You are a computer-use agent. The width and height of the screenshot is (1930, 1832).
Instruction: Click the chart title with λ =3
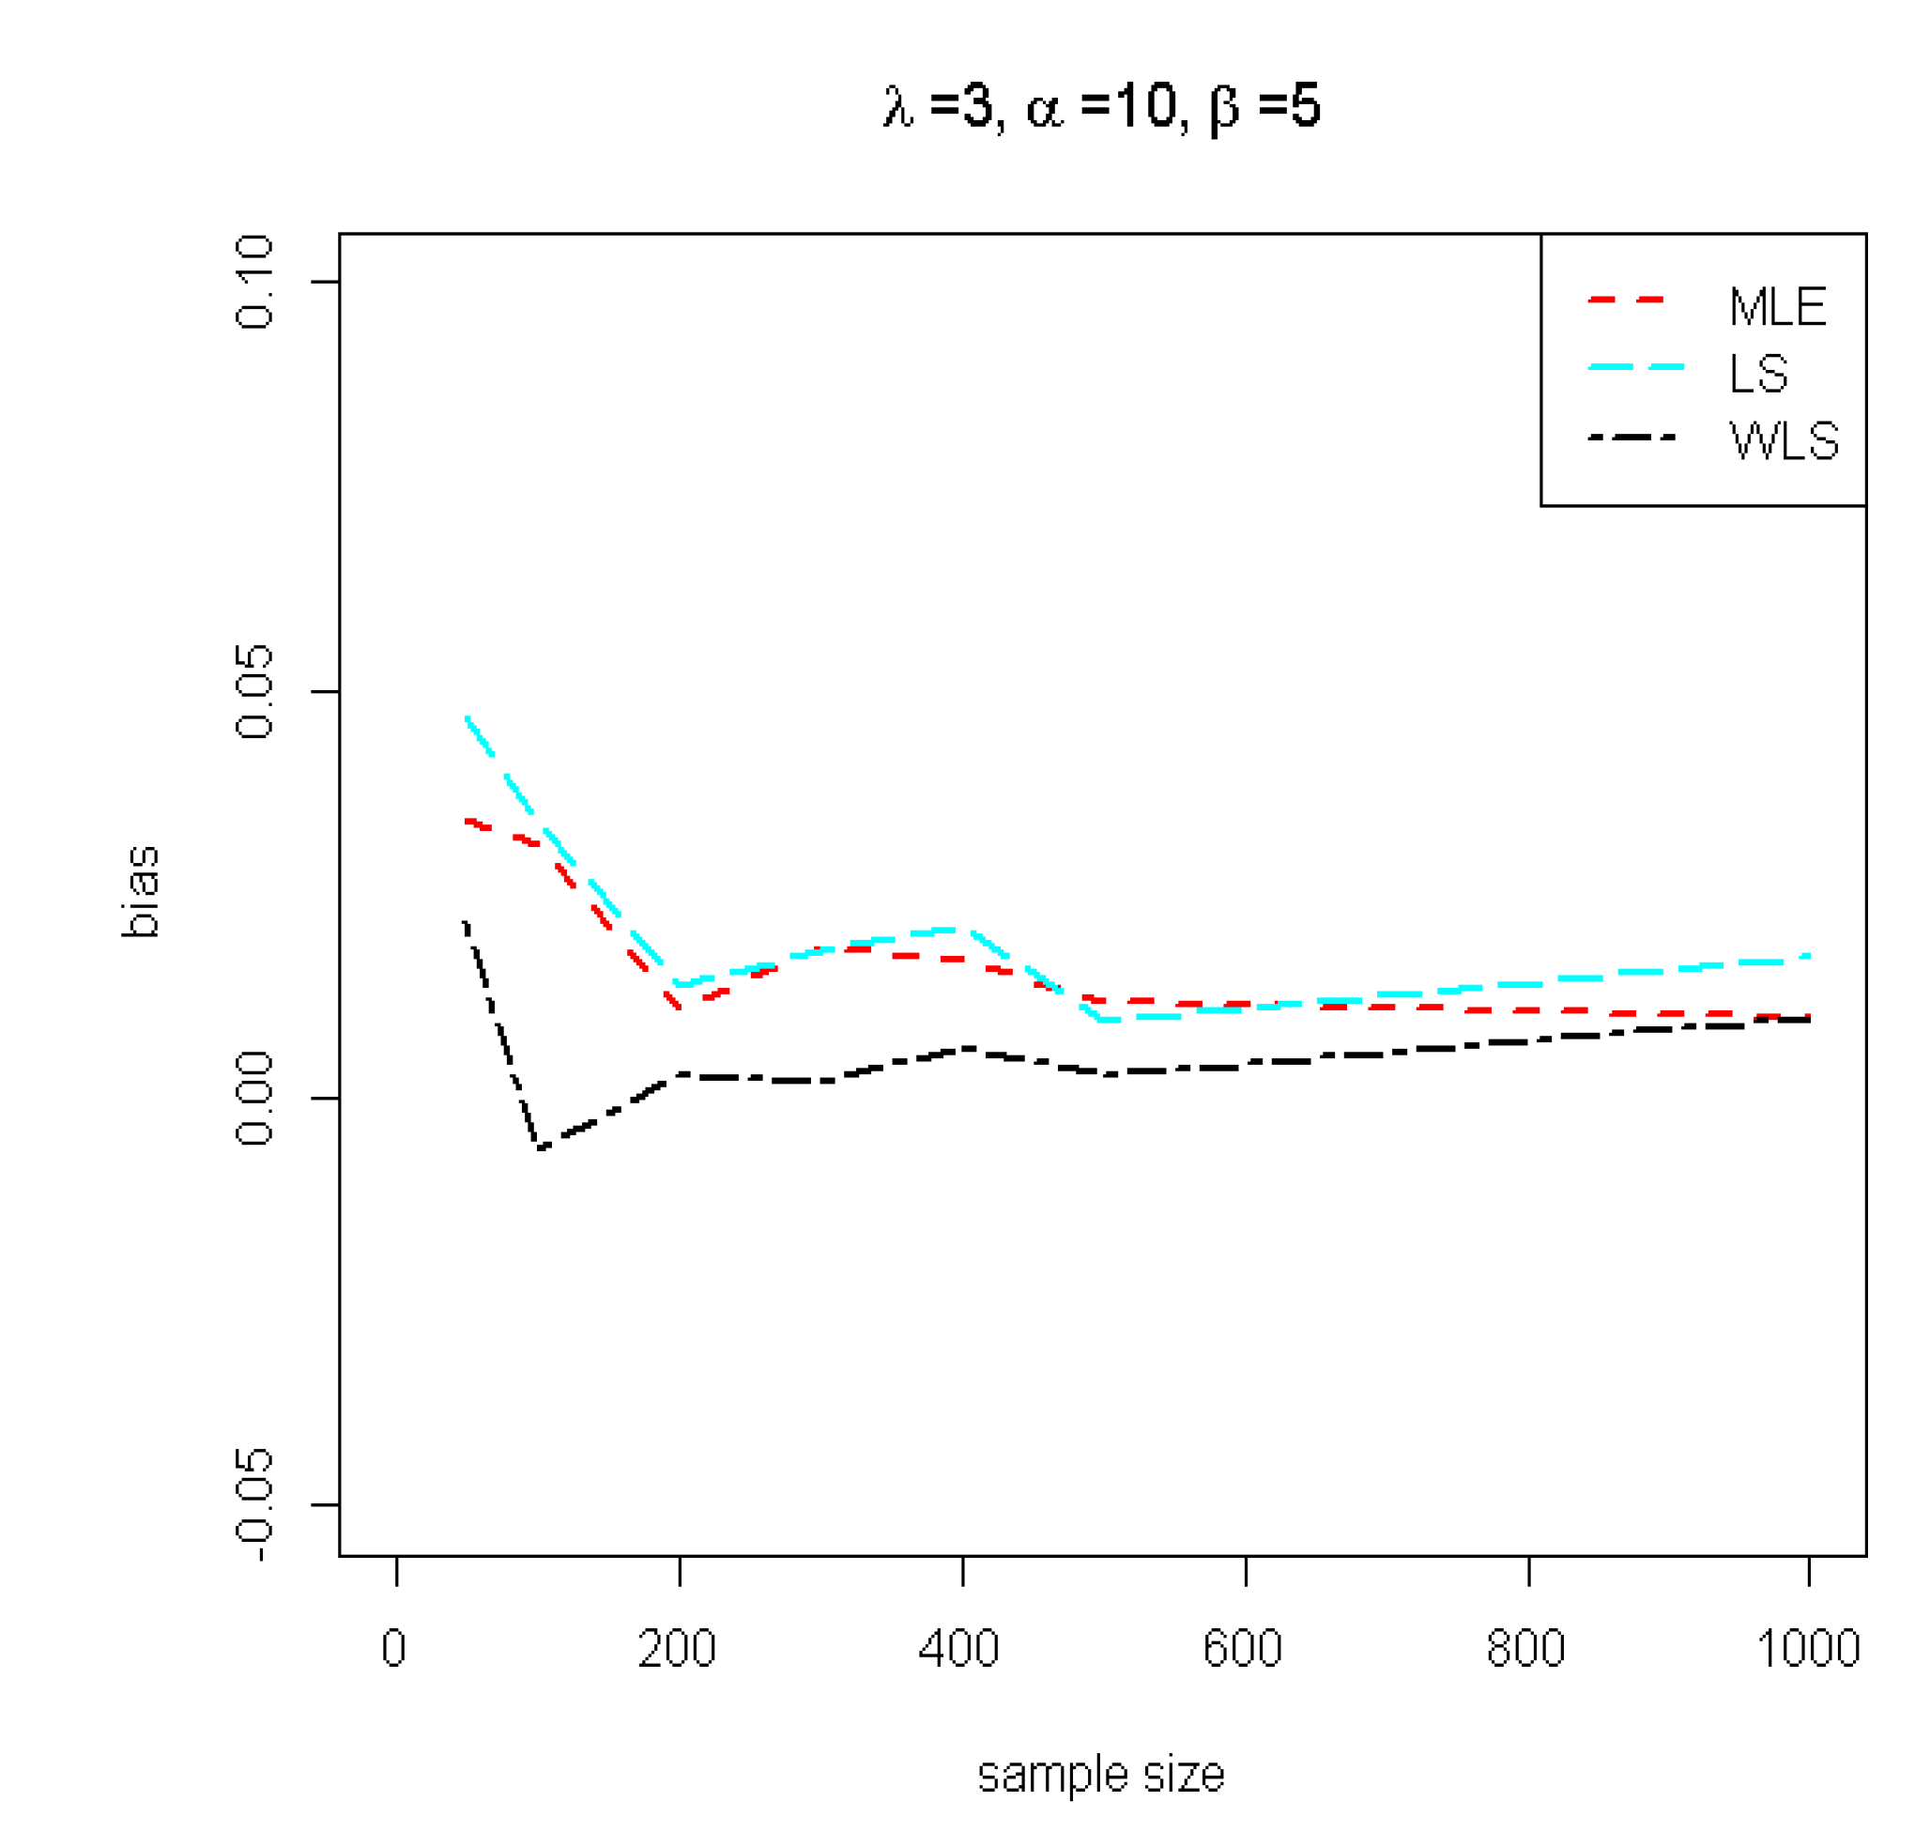(1101, 107)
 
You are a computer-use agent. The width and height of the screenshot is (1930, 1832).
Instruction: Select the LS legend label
(1758, 374)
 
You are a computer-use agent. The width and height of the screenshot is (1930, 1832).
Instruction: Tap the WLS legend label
(1784, 440)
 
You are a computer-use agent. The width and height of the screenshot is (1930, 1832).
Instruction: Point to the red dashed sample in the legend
(1627, 300)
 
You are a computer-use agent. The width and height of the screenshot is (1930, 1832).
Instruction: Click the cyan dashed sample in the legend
(1636, 367)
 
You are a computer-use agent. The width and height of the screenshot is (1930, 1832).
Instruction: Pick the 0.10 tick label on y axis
(254, 283)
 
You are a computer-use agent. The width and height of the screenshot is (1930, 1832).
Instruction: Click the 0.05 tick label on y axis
(254, 691)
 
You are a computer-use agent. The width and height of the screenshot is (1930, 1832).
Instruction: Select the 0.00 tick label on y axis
(254, 1098)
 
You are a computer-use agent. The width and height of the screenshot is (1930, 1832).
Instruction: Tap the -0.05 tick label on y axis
(254, 1505)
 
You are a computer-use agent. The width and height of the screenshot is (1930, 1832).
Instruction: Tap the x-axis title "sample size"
(1100, 1775)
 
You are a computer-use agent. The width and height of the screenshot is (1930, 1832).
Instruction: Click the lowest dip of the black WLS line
(539, 1147)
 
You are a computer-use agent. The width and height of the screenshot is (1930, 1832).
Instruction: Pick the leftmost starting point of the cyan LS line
(467, 718)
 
